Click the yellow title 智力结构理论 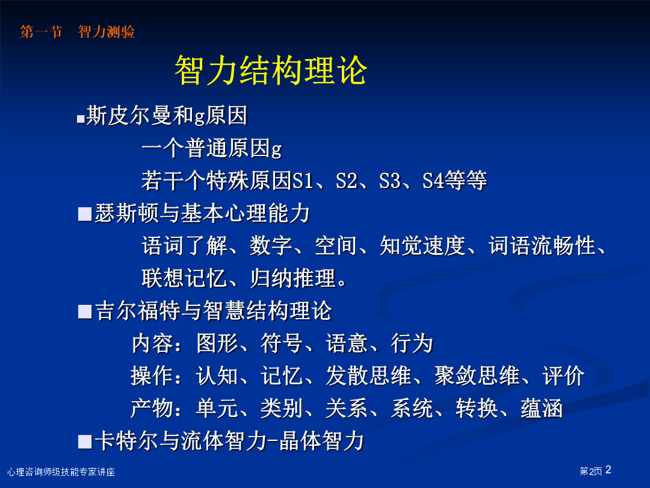(271, 70)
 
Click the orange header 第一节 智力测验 (78, 31)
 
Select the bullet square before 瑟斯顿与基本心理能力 (85, 214)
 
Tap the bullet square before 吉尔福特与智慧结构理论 (85, 311)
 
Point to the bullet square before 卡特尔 (85, 442)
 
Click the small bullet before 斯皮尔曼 (81, 119)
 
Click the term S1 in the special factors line (303, 181)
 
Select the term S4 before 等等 (433, 181)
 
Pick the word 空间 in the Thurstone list (336, 246)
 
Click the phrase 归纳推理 (292, 278)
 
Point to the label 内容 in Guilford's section (152, 343)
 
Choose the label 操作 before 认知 (152, 376)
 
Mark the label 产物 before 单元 (152, 408)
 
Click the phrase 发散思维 (368, 376)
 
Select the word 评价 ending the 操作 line (563, 376)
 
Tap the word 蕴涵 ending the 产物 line (542, 408)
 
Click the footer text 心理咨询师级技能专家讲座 (61, 472)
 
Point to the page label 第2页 (591, 471)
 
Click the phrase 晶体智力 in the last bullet (321, 441)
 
